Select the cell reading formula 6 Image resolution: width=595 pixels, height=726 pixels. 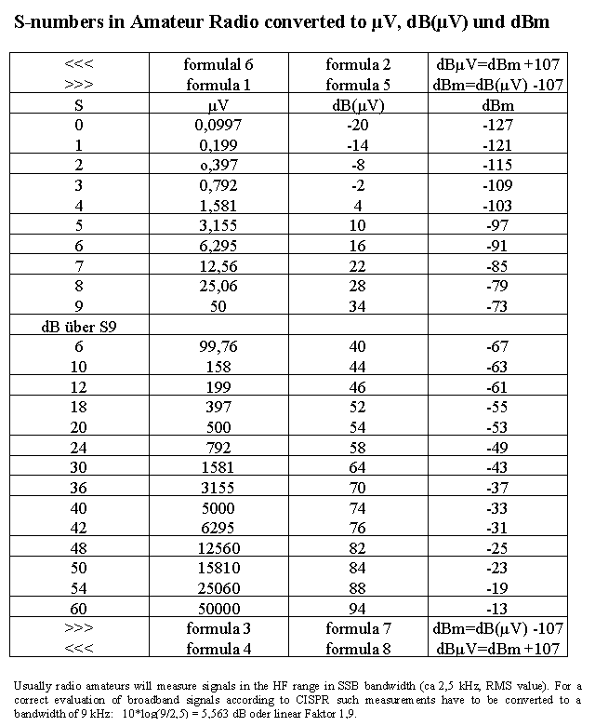(219, 65)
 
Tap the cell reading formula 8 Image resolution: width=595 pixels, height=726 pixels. (358, 648)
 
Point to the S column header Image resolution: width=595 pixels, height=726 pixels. (79, 106)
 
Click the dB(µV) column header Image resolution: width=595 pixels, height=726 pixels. (358, 106)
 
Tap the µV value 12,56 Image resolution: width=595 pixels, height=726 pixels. (219, 267)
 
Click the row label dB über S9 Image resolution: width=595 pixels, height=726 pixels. (78, 327)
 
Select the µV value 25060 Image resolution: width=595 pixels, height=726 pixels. (219, 588)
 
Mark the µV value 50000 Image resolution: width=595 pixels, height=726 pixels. (219, 609)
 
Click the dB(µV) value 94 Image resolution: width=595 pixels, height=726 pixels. (358, 609)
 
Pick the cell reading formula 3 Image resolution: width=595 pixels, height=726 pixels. (219, 628)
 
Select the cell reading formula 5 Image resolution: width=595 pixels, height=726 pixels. (358, 86)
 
